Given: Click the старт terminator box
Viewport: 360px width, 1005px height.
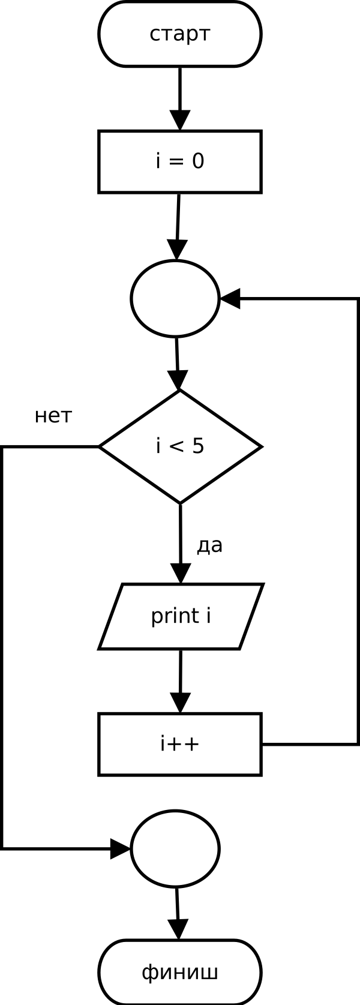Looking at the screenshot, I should (180, 34).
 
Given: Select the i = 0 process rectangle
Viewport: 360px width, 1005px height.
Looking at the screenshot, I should (180, 161).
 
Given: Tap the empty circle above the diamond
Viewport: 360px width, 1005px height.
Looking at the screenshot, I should (175, 298).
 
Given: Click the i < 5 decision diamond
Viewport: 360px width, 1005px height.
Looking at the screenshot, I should (180, 446).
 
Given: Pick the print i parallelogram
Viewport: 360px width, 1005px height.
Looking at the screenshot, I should (181, 616).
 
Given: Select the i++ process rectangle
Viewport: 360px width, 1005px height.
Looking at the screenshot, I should (180, 744).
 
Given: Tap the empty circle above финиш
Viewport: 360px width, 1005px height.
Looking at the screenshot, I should (175, 849).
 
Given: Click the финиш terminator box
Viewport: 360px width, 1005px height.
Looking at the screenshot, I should (180, 972).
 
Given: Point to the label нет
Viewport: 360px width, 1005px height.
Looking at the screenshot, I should (53, 416).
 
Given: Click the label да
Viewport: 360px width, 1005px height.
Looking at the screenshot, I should (209, 545).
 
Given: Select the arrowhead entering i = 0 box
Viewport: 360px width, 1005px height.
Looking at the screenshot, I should (180, 120).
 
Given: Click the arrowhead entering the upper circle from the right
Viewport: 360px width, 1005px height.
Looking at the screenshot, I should (230, 298).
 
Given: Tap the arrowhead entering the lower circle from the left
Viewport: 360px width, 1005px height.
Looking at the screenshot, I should (121, 849).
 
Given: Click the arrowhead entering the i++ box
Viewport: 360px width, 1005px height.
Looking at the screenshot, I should (180, 703).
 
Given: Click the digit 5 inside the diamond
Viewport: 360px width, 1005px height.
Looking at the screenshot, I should (198, 446).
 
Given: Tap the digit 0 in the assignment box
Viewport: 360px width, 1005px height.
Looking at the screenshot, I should (198, 161).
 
